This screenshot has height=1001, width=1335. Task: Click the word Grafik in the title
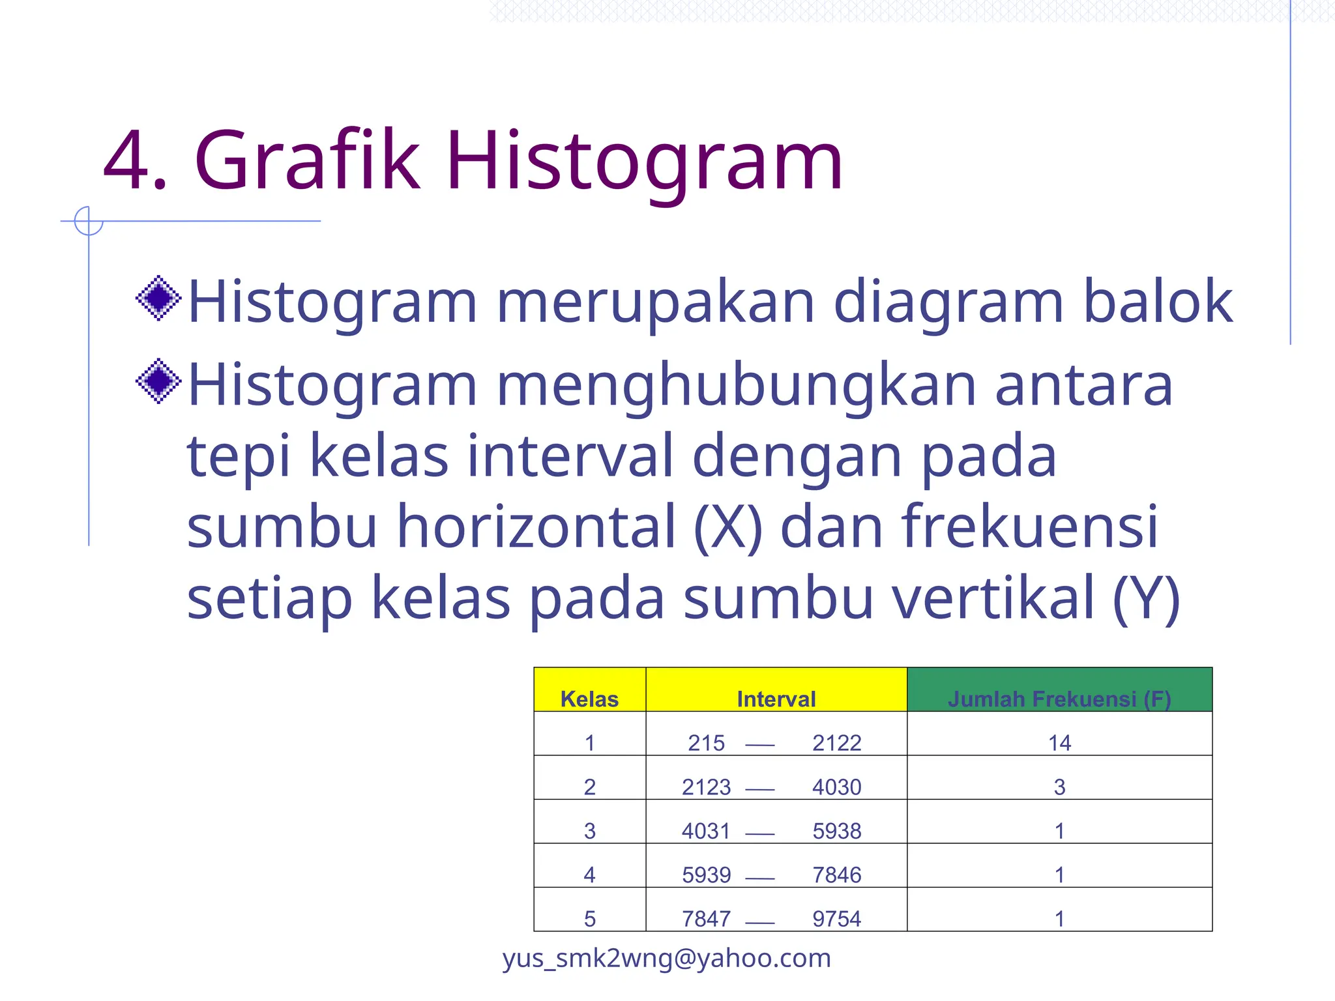306,160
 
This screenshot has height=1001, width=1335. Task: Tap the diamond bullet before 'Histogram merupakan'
158,298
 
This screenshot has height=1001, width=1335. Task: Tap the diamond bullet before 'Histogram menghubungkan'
158,381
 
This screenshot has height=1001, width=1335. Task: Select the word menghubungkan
737,386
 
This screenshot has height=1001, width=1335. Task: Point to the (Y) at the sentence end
1147,598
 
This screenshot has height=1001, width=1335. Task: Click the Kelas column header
589,699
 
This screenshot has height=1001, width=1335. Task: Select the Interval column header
776,699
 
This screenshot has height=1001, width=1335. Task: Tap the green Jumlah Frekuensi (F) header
1059,699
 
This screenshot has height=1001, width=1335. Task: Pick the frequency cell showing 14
1059,743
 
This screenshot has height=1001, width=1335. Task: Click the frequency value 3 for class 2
1059,787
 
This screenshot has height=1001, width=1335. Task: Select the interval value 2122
836,743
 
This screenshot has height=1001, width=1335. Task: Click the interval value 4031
706,831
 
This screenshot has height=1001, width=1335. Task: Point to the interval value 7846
836,875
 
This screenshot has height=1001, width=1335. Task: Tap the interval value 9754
836,919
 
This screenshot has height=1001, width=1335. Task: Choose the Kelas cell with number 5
589,919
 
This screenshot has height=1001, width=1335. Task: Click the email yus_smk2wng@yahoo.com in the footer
666,958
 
